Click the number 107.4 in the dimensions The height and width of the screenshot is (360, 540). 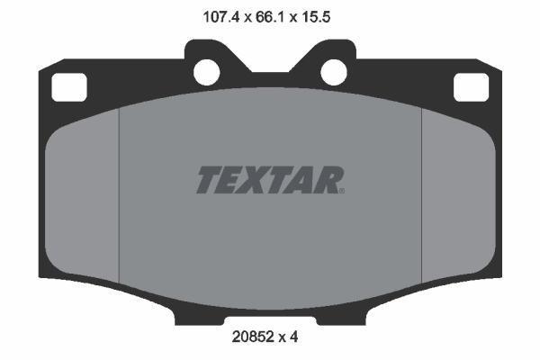(212, 16)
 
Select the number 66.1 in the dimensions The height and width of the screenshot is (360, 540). (270, 16)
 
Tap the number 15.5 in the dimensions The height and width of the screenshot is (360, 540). (325, 16)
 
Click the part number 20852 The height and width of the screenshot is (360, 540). (251, 338)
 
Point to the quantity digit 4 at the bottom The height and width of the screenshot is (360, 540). (293, 338)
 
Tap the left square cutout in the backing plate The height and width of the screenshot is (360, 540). (67, 87)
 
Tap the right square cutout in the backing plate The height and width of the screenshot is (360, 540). (471, 87)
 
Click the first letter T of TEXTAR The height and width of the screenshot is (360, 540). (207, 180)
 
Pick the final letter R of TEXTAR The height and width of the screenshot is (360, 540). (328, 180)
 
